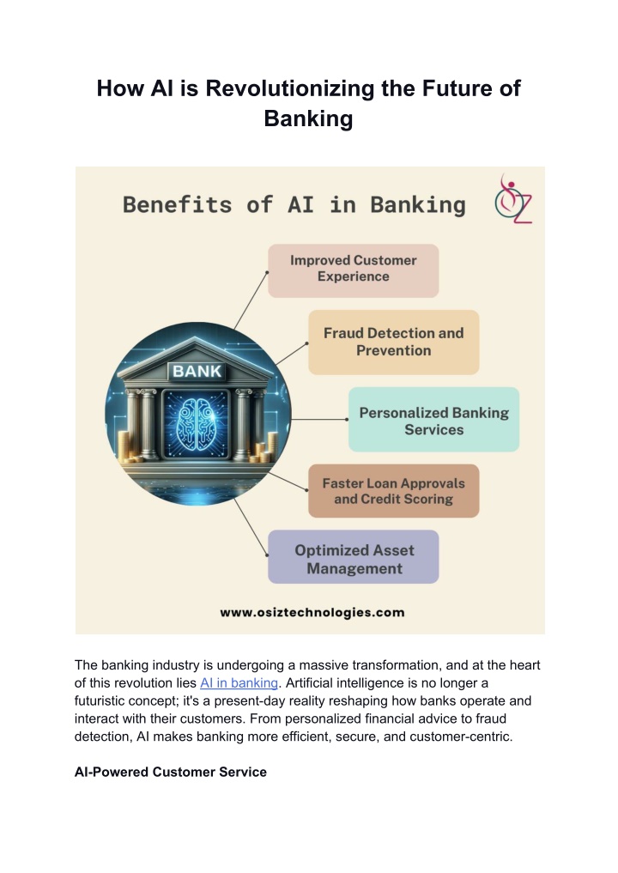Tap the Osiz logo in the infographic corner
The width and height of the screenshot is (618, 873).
(512, 199)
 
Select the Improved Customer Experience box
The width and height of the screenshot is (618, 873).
(353, 270)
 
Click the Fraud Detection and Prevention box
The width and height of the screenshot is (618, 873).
(394, 342)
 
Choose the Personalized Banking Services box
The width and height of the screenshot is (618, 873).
(433, 419)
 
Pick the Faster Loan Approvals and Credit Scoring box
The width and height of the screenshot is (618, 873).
(394, 491)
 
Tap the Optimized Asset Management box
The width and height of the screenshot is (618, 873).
(353, 557)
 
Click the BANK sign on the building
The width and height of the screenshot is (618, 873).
(197, 371)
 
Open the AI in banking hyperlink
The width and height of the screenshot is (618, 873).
(239, 682)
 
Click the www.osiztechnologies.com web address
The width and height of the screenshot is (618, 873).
(312, 612)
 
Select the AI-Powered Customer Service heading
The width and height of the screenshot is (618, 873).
(170, 772)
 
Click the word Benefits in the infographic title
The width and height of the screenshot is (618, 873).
(177, 205)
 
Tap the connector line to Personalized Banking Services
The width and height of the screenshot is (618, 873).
(319, 419)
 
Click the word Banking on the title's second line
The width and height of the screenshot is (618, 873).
(308, 118)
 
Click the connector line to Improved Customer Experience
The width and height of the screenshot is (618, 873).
(251, 300)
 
